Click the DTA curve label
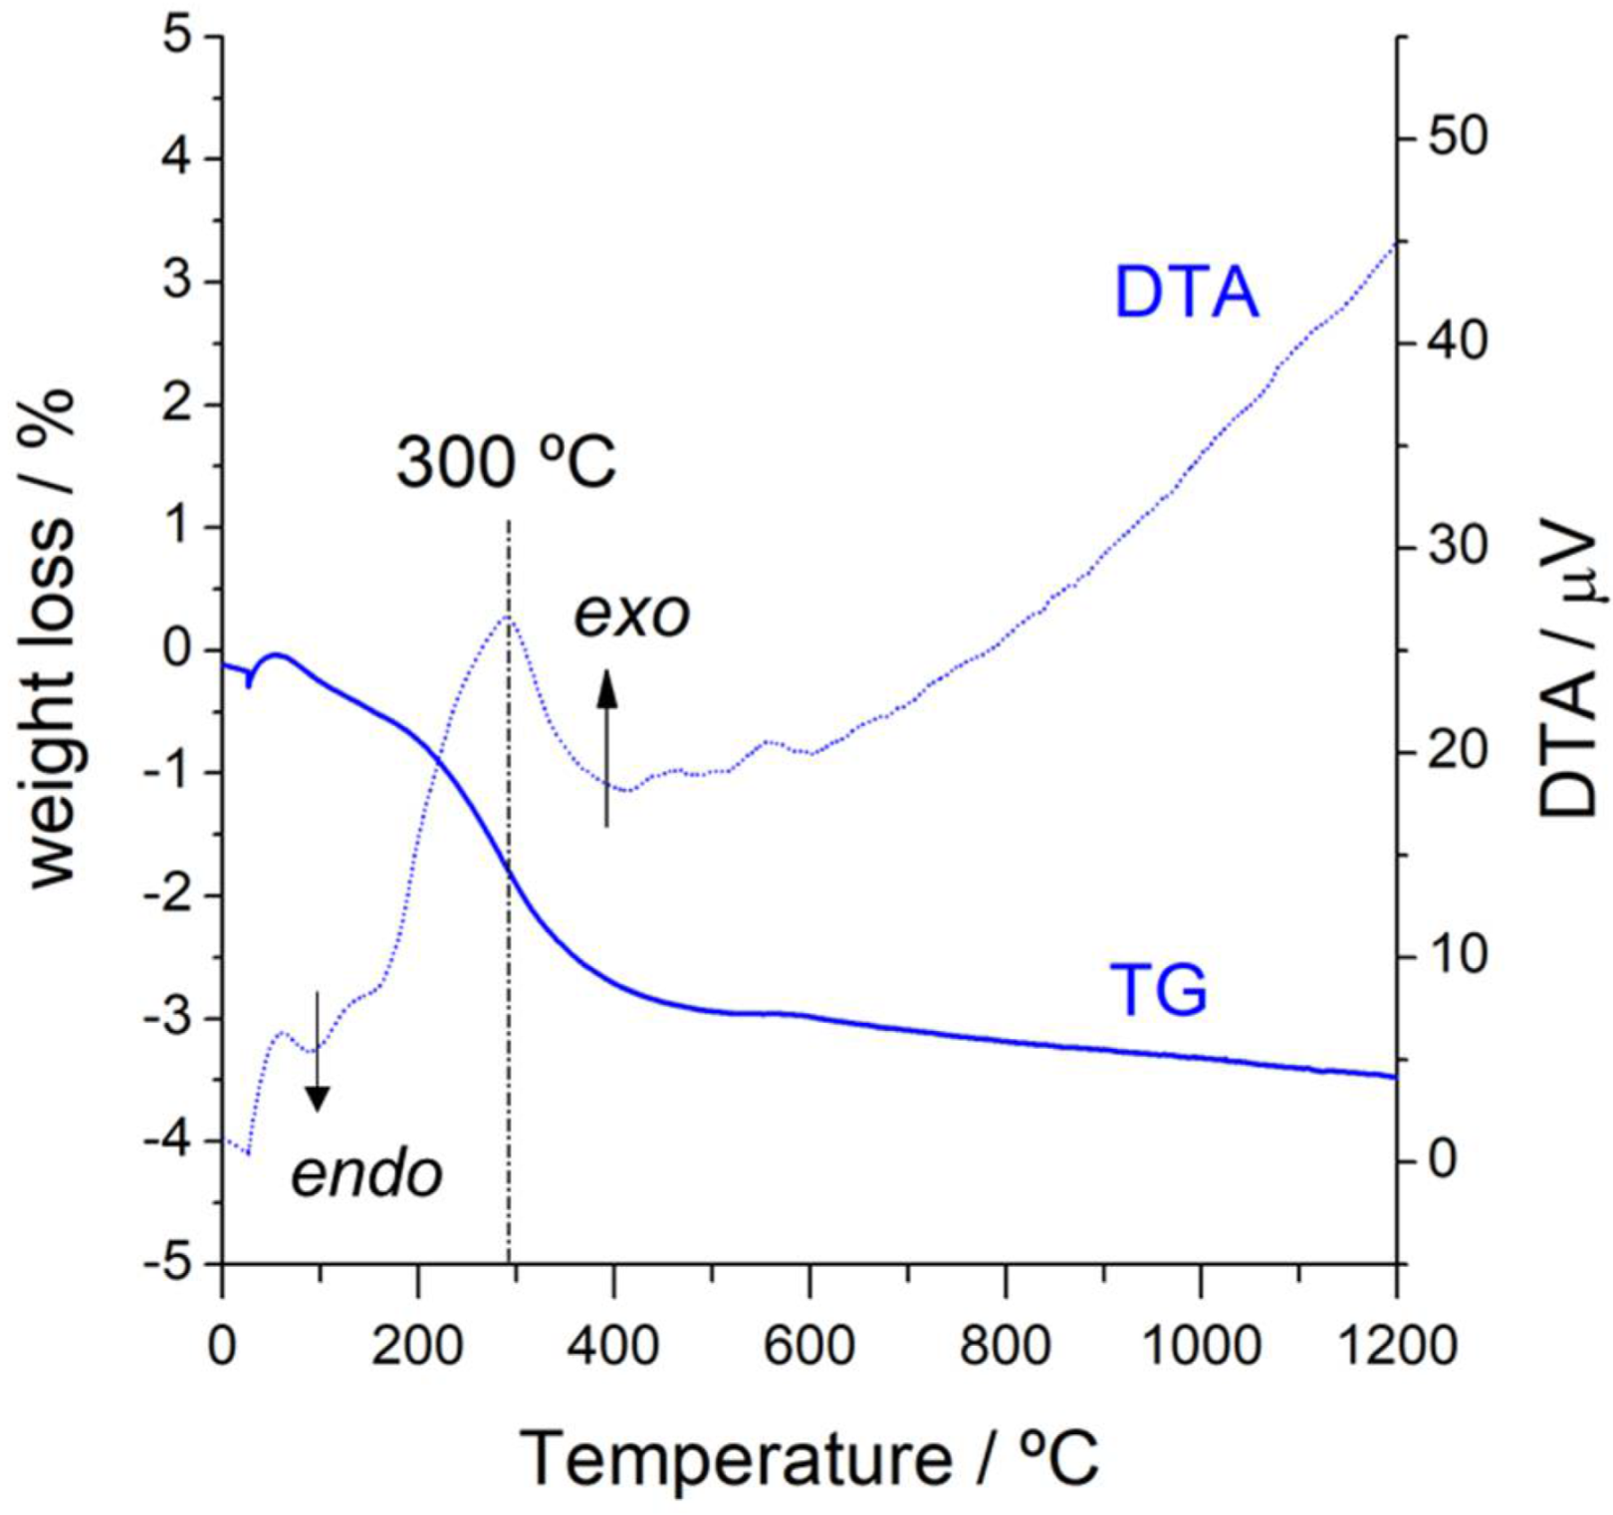1186,293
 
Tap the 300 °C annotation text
506,462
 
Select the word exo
631,615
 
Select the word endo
366,1174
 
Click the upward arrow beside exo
606,747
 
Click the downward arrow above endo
317,1051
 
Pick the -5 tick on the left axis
169,1264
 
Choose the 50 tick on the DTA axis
1457,137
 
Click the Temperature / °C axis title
808,1458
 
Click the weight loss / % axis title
52,637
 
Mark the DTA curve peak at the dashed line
508,617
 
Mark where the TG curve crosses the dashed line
509,869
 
